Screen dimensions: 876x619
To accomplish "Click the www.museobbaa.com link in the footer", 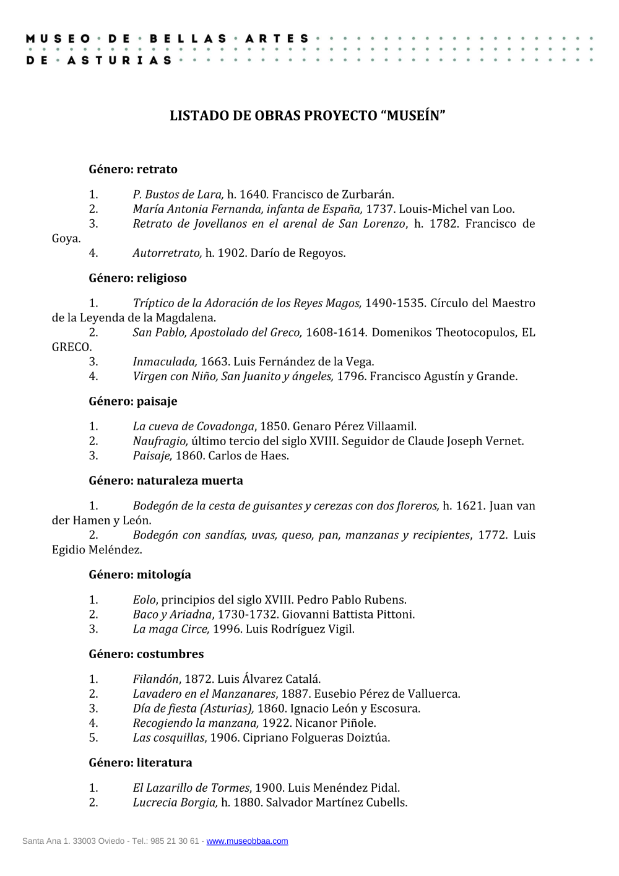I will click(247, 841).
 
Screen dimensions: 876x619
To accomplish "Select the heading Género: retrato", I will click(133, 169).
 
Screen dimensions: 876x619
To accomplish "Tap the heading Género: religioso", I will click(137, 278).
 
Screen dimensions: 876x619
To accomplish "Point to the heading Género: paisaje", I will click(133, 401).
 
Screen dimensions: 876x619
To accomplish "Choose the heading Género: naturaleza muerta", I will click(166, 480).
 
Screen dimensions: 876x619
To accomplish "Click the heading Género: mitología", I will click(140, 575).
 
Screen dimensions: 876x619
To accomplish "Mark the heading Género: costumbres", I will click(146, 654).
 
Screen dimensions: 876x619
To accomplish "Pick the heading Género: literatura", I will click(141, 763).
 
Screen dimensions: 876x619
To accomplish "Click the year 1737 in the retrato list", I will click(379, 209).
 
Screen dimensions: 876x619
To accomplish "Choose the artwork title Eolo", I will click(145, 600).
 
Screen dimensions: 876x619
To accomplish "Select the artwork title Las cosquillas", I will click(168, 738).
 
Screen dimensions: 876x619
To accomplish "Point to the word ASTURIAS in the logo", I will click(119, 60).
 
